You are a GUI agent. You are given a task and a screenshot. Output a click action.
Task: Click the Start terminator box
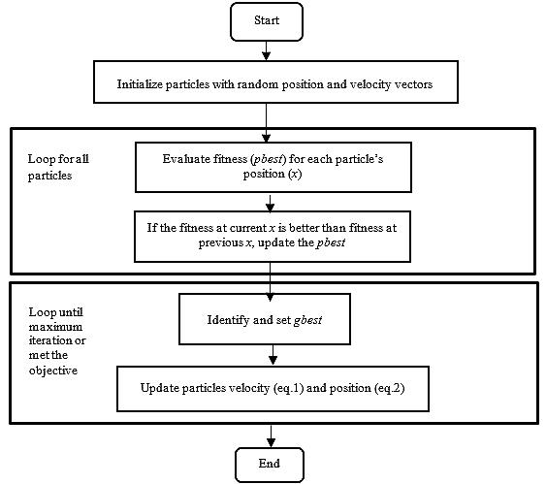(x=267, y=21)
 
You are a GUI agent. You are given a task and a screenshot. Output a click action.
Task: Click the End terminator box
(x=270, y=465)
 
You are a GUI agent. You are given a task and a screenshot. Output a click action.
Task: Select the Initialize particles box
(x=275, y=81)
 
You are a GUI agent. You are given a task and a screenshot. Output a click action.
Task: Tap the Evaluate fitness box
(x=273, y=167)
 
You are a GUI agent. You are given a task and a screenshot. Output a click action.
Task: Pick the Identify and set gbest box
(x=265, y=319)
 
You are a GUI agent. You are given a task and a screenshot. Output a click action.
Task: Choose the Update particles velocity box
(x=273, y=389)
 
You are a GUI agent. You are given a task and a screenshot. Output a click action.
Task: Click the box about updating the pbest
(x=273, y=237)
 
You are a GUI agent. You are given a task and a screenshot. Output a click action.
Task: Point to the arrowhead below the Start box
(x=267, y=55)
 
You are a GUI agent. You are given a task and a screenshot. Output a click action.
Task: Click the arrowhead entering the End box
(x=271, y=443)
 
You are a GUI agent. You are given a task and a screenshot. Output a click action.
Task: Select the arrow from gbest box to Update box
(x=273, y=355)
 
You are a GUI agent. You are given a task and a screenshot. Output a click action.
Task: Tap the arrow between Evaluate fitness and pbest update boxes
(x=270, y=202)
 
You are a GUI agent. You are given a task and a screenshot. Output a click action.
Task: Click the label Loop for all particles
(x=58, y=167)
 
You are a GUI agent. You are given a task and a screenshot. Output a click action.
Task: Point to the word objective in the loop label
(x=53, y=371)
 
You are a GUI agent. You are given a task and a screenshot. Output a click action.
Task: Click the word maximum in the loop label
(x=55, y=327)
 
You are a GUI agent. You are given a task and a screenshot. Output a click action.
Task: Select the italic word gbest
(x=307, y=320)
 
